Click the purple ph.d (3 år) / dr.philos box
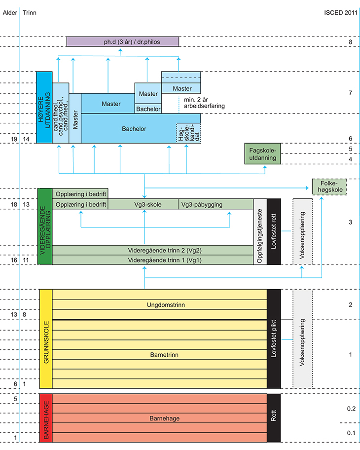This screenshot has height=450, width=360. [x=122, y=42]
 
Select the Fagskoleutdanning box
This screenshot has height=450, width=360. [x=262, y=153]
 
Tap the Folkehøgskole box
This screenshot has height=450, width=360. [x=329, y=187]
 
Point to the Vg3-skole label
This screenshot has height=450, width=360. [x=144, y=204]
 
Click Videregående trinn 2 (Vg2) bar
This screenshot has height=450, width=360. [x=152, y=250]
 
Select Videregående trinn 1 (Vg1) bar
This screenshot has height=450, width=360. [x=152, y=260]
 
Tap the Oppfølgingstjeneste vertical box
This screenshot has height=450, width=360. [x=260, y=231]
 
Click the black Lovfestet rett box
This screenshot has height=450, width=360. [x=274, y=231]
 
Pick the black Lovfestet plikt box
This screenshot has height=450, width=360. [x=274, y=339]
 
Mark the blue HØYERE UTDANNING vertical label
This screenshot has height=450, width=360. [x=43, y=107]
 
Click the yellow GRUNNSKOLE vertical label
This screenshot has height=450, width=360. [x=45, y=339]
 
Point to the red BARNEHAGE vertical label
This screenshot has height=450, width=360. [x=45, y=418]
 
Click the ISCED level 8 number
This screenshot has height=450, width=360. [x=350, y=42]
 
